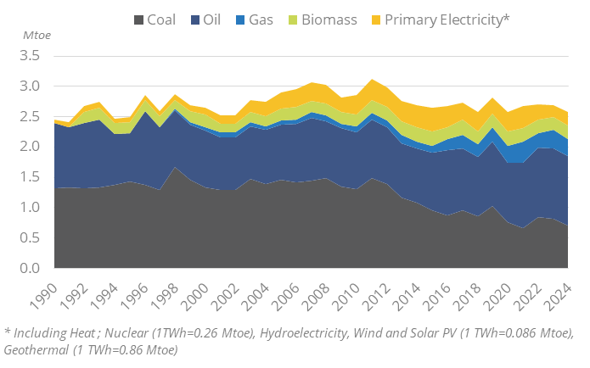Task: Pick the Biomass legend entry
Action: pos(326,19)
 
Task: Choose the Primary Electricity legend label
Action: pos(447,19)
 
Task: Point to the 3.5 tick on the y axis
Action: pos(30,56)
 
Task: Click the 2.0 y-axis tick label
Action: pos(30,147)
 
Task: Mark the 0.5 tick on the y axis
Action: pos(30,238)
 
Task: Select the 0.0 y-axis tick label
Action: pos(30,269)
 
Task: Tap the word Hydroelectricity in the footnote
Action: pos(331,332)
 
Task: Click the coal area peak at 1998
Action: pos(174,169)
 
